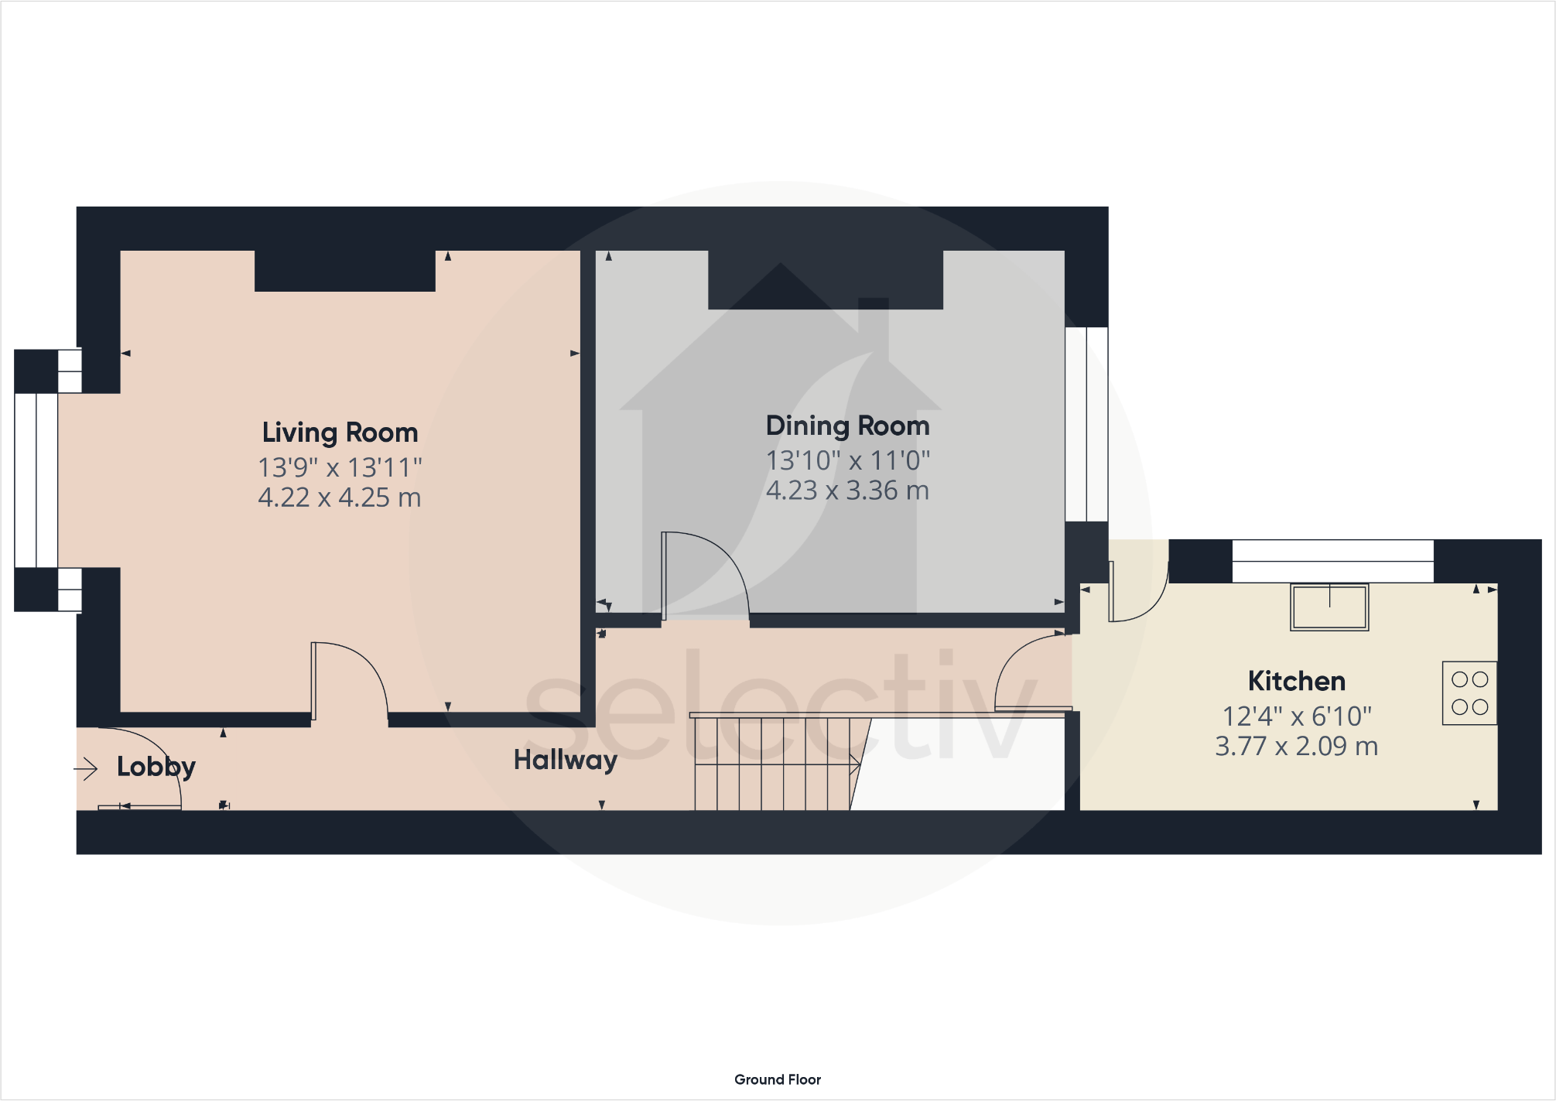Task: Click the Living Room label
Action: click(x=340, y=433)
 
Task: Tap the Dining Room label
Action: click(x=847, y=426)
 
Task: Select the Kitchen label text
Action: click(x=1297, y=681)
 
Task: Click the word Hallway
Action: click(x=565, y=760)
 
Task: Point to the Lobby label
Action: click(x=156, y=766)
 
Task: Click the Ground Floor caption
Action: click(x=777, y=1079)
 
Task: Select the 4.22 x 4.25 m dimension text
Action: click(x=340, y=498)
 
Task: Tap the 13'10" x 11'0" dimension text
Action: click(x=847, y=460)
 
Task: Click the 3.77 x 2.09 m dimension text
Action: click(x=1297, y=747)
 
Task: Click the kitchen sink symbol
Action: click(x=1329, y=607)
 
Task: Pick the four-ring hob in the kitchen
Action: click(x=1469, y=693)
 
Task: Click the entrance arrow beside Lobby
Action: click(x=86, y=768)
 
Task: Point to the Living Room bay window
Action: click(x=36, y=480)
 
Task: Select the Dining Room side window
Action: click(x=1086, y=424)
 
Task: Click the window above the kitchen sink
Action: click(x=1332, y=561)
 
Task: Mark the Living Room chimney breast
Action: click(x=345, y=271)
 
